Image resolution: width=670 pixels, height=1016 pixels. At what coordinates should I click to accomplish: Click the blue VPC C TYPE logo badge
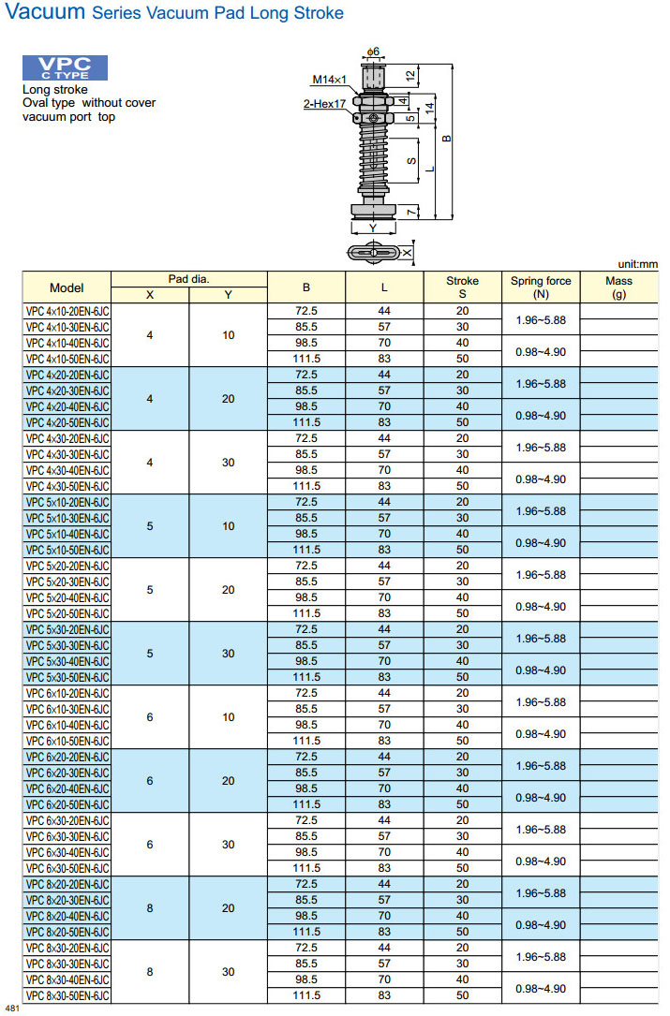[x=65, y=67]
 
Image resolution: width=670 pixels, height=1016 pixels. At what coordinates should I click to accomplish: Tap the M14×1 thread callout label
[x=330, y=80]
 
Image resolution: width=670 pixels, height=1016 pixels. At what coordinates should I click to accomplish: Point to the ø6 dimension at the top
[x=372, y=51]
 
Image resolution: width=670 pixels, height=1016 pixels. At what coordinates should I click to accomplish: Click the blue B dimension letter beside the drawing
[x=447, y=139]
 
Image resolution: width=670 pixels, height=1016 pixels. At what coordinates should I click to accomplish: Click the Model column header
[x=67, y=287]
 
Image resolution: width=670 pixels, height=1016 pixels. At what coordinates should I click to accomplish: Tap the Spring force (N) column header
[x=541, y=287]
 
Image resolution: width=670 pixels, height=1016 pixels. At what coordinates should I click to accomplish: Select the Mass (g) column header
[x=618, y=287]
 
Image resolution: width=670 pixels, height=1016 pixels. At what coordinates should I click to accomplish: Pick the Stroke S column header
[x=462, y=287]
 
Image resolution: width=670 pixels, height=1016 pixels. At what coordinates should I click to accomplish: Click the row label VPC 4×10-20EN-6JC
[x=67, y=311]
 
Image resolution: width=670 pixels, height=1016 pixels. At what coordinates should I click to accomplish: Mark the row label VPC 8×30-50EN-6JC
[x=67, y=995]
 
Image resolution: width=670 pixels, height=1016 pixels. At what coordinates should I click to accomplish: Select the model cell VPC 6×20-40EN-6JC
[x=67, y=788]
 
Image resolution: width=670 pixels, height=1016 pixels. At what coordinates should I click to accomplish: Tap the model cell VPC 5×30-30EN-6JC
[x=67, y=645]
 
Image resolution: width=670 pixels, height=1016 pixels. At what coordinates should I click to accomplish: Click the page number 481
[x=12, y=1009]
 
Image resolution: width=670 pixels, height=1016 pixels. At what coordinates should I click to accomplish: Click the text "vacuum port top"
[x=69, y=117]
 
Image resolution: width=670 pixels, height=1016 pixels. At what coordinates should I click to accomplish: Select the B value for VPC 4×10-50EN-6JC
[x=306, y=359]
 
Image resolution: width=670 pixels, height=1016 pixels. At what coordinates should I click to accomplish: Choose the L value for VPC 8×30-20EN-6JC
[x=384, y=948]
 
